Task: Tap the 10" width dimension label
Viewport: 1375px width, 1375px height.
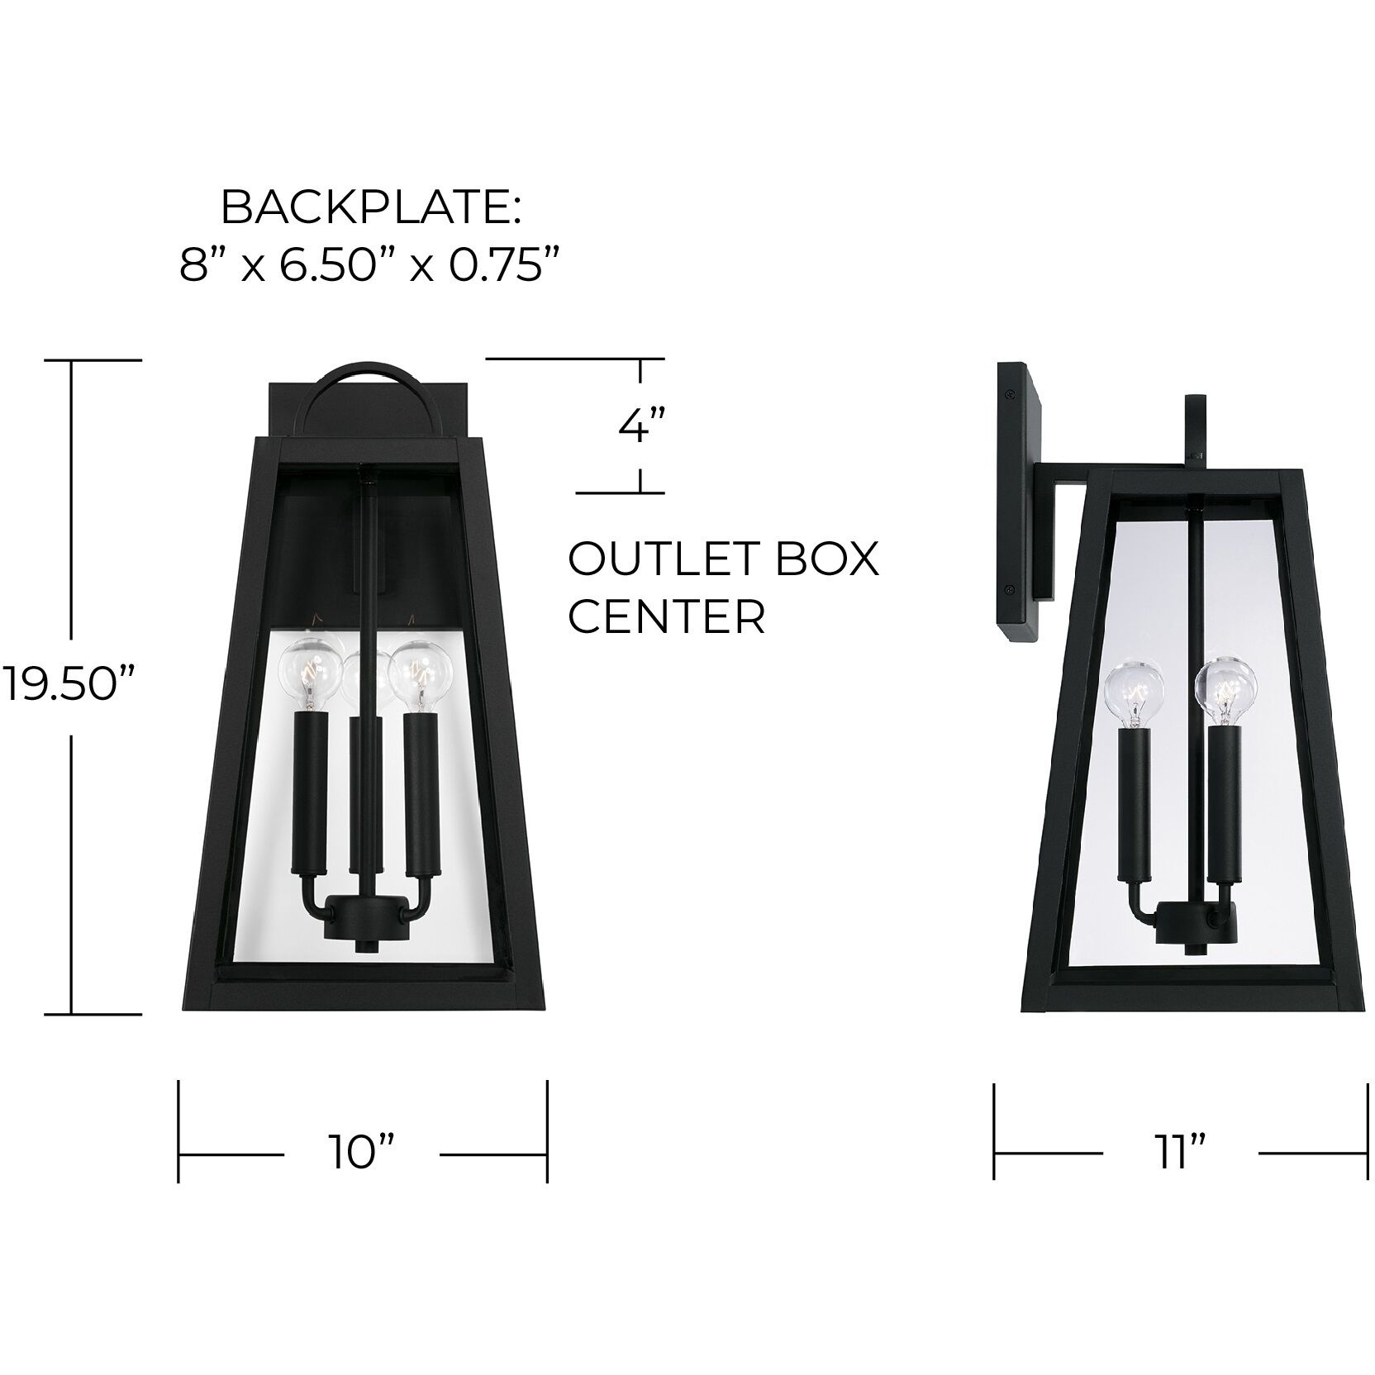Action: coord(362,1152)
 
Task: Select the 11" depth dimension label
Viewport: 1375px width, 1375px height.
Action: coord(1179,1152)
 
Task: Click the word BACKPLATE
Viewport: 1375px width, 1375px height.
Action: coord(370,210)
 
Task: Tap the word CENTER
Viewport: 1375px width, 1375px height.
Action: coord(666,616)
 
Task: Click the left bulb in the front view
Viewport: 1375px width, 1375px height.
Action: coord(310,666)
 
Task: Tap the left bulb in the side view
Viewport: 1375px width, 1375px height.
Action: coord(1135,691)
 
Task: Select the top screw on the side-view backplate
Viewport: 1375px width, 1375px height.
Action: coord(1010,395)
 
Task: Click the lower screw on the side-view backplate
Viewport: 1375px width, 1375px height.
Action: coord(1010,590)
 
